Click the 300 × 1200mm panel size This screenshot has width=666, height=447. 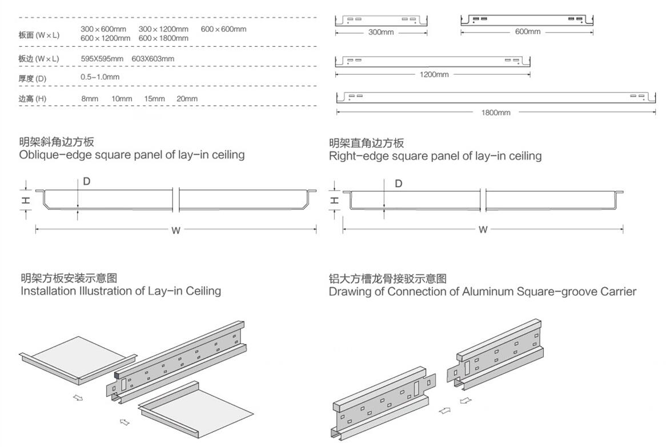pos(163,29)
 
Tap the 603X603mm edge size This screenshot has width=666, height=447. pos(153,59)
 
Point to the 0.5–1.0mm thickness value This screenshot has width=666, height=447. pos(100,77)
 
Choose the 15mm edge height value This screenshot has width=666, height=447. pos(154,99)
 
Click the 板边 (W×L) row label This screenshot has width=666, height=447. pos(38,59)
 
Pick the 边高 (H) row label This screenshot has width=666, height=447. pos(33,99)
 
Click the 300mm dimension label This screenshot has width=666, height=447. pos(380,33)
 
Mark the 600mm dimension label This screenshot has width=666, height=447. pos(527,32)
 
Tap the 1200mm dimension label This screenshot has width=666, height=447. pos(434,75)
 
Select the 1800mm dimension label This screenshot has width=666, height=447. pos(496,112)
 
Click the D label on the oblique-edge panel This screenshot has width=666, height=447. pos(87,182)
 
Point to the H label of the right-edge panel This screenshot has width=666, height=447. pos(335,200)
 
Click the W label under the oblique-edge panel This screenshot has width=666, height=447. pos(176,231)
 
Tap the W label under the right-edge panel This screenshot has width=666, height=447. pos(483,229)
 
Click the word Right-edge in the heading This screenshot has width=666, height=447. pos(357,156)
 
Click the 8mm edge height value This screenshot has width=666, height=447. pos(90,99)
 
